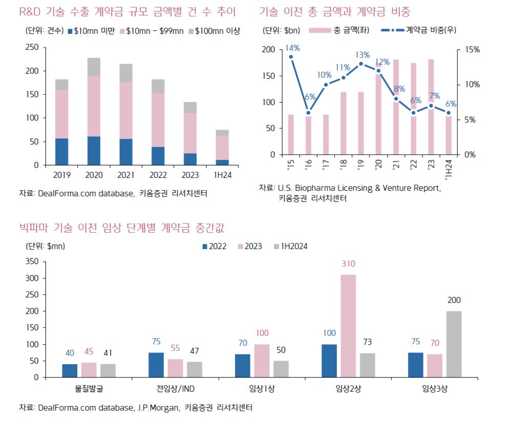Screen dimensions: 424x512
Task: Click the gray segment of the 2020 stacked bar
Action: click(94, 67)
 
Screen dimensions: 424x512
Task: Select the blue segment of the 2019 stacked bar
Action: click(61, 152)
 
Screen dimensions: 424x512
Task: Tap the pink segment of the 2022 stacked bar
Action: click(158, 120)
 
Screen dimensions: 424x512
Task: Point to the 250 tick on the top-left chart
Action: click(32, 47)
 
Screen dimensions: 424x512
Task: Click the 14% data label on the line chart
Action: click(292, 49)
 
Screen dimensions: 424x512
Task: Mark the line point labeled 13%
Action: click(361, 64)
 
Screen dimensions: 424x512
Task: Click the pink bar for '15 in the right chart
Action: click(291, 135)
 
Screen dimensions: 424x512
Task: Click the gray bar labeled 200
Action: click(454, 344)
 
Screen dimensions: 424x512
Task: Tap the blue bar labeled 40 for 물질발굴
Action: click(70, 371)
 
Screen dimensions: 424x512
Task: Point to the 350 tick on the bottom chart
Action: click(32, 261)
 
